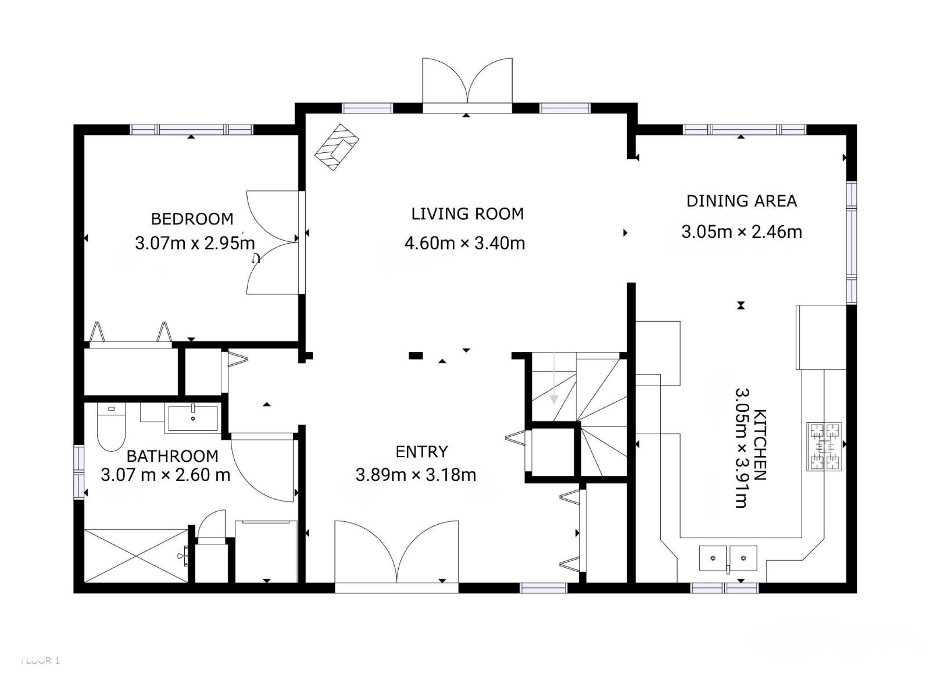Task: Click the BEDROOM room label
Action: (x=192, y=219)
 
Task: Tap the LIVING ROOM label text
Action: (x=467, y=214)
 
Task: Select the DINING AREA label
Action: (x=742, y=201)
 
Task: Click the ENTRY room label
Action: (x=421, y=452)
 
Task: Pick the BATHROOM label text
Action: (x=173, y=456)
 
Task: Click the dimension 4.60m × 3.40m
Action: (x=464, y=243)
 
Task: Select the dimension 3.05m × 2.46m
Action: (x=742, y=232)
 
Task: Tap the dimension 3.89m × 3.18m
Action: (x=416, y=475)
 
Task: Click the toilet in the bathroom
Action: (x=112, y=426)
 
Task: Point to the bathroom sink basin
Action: (x=193, y=418)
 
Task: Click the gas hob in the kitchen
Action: (x=824, y=446)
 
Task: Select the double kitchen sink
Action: (x=728, y=558)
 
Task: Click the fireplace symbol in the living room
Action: (x=337, y=147)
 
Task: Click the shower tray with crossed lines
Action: (x=137, y=555)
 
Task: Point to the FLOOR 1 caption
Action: (x=40, y=660)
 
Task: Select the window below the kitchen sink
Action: (x=724, y=588)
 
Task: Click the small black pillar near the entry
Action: (x=416, y=355)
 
